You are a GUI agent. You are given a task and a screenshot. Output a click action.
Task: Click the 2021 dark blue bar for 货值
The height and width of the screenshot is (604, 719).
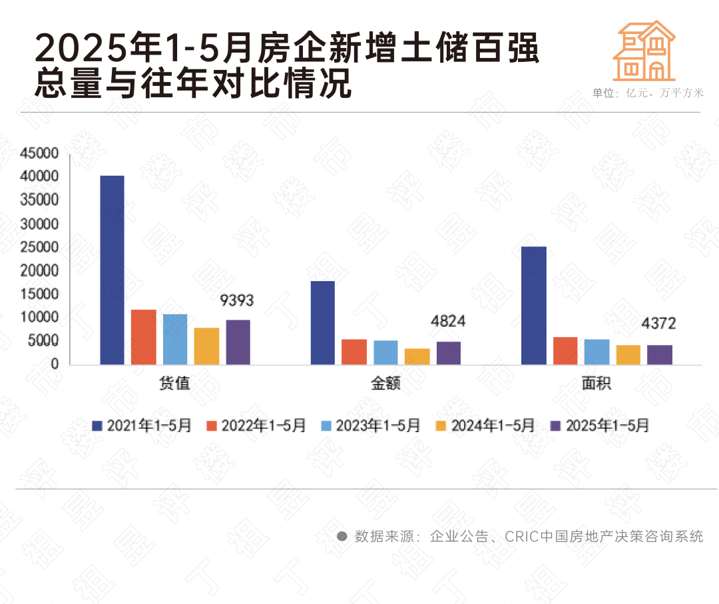112,270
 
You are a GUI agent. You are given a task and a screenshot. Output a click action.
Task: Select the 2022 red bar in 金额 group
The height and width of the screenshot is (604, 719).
354,352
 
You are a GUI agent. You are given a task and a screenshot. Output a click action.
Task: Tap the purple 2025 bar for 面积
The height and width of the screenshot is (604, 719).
659,354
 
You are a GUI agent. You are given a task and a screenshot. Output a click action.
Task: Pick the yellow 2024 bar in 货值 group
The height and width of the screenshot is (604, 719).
206,346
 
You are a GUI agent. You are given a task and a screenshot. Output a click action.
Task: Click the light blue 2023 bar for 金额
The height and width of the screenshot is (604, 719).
385,352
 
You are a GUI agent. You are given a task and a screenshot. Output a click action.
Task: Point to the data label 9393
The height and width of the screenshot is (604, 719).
237,300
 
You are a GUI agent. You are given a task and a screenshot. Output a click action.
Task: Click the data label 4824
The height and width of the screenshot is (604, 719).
448,322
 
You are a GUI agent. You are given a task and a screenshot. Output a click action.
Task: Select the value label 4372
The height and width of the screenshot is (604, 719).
658,324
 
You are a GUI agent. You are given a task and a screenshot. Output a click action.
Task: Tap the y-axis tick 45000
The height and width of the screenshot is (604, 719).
39,153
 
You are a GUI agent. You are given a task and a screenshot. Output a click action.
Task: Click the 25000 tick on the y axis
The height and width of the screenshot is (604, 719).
39,247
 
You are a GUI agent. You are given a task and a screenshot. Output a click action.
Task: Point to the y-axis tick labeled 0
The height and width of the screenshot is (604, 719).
55,364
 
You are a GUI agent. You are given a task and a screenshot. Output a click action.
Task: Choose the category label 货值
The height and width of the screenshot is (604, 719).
174,384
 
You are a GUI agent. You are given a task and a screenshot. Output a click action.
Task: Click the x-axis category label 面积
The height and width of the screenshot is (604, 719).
597,384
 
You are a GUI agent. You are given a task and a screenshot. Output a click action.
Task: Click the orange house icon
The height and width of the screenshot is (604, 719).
643,51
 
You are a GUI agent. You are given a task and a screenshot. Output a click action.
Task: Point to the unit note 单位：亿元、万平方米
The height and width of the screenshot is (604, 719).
648,93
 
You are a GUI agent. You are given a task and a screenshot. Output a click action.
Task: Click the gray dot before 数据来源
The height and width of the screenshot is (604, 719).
342,536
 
